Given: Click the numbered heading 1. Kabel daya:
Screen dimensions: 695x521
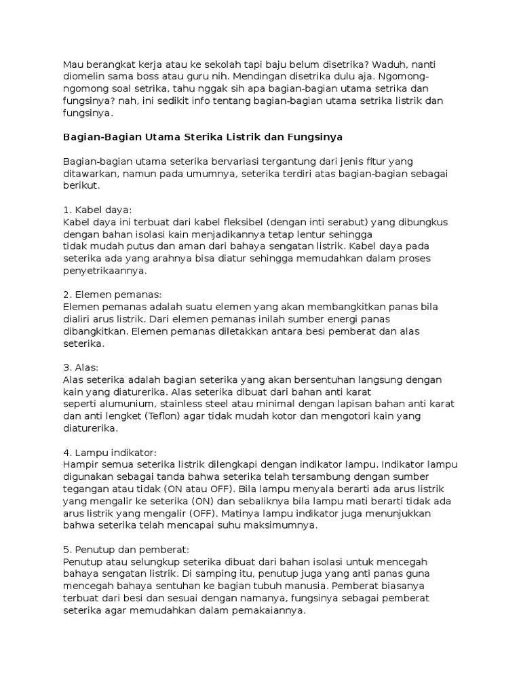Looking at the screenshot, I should [97, 210].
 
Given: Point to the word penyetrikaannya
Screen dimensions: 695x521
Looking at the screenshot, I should [104, 271].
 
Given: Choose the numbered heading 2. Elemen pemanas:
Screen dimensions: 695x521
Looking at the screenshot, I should [112, 295].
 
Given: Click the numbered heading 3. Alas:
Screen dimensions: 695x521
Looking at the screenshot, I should [81, 368].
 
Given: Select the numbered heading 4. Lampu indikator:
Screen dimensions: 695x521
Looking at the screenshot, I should [109, 453].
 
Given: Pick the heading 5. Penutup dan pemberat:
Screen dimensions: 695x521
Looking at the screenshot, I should [126, 550].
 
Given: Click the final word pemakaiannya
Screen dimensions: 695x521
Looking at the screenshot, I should [270, 610].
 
